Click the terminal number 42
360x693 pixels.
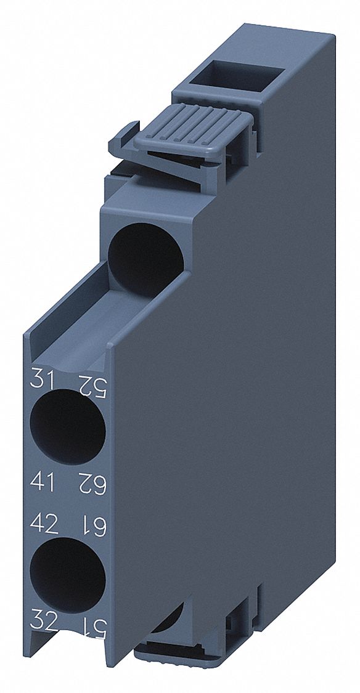click(44, 524)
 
